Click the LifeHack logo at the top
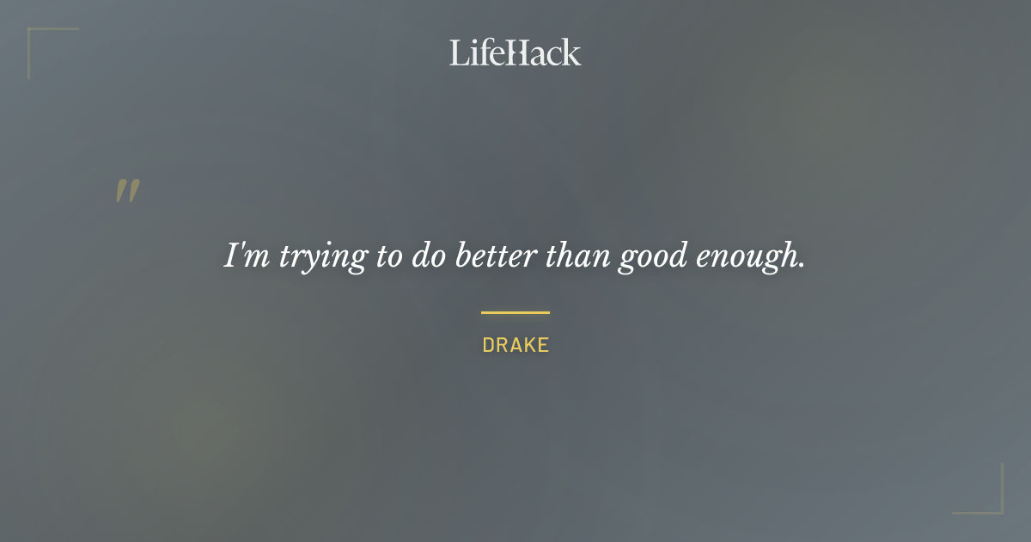[x=515, y=53]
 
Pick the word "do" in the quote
[x=428, y=256]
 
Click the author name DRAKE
[x=515, y=346]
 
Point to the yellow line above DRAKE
[x=515, y=313]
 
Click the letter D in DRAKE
[x=488, y=346]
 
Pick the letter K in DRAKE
[x=529, y=346]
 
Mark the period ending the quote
[x=802, y=266]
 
